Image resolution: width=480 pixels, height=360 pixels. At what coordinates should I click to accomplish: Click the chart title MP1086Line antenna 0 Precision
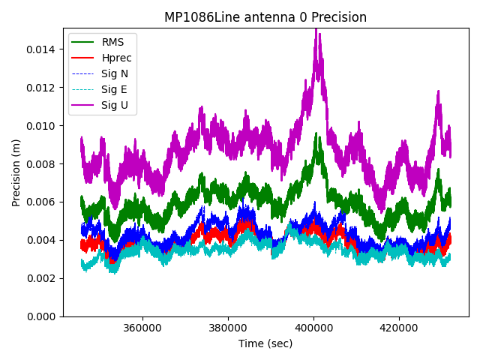pos(265,17)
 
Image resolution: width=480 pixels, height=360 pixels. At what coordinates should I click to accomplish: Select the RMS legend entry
pos(112,42)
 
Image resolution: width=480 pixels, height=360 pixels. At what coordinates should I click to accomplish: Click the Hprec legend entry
pos(116,58)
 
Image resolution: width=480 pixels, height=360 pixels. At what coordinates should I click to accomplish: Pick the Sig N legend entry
pos(115,73)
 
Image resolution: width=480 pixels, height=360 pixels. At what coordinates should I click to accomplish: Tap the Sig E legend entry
pos(114,89)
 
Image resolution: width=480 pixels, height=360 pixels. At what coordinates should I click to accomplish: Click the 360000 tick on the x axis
pos(142,328)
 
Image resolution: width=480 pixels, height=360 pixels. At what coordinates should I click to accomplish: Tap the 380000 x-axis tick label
pos(228,328)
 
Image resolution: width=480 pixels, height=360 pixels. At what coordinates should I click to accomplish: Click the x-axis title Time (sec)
pos(265,343)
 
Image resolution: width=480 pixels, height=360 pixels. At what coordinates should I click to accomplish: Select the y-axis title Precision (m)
pos(16,172)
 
